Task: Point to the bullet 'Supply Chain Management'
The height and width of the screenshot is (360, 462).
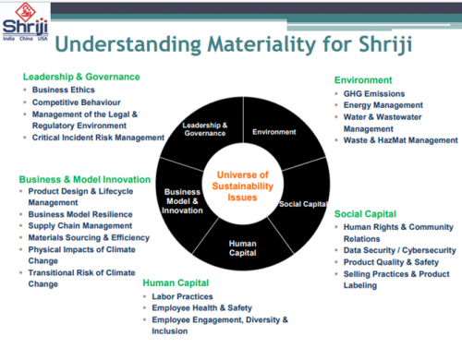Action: point(83,225)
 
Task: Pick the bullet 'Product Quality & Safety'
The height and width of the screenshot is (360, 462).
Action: point(394,263)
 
